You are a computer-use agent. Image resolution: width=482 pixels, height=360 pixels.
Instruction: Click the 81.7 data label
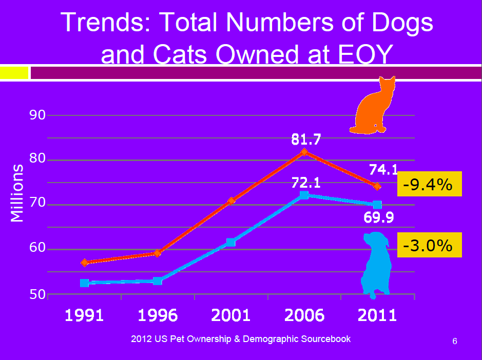coord(306,138)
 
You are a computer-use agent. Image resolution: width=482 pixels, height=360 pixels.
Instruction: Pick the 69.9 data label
coord(378,218)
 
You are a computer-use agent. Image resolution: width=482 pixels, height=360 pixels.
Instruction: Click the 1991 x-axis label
coord(84,315)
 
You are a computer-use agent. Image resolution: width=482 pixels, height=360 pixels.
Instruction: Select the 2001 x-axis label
coord(230,315)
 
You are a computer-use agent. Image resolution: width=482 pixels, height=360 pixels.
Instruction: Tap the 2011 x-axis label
coord(377,315)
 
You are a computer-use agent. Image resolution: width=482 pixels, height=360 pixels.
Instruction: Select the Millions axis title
coord(17,193)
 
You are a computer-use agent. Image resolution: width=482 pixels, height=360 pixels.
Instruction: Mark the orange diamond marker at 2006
coord(304,152)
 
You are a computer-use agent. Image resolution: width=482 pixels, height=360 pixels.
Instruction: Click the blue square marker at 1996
coord(158,281)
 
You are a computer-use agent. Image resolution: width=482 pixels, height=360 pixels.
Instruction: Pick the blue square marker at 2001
coord(231,242)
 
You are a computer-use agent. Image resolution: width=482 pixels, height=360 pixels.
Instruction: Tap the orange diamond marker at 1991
coord(85,263)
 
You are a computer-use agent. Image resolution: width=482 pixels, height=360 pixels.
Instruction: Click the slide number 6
coord(454,342)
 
